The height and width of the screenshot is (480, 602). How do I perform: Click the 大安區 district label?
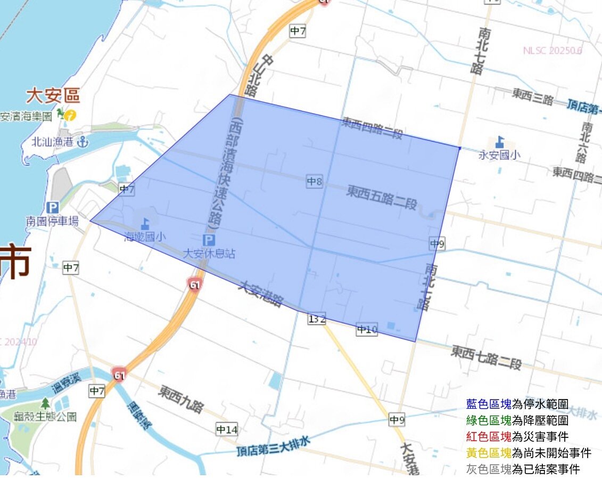(53, 96)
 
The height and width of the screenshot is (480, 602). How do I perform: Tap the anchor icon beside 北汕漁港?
(82, 142)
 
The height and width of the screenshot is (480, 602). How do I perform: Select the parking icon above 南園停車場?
(52, 207)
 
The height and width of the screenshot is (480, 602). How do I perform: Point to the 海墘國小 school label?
(144, 237)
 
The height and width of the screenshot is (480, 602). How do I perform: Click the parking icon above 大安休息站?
(209, 240)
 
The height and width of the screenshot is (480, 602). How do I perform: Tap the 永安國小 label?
(499, 155)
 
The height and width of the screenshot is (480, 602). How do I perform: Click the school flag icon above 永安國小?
(499, 142)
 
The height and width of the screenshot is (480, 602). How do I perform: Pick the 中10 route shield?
(367, 330)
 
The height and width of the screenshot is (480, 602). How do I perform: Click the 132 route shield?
(316, 319)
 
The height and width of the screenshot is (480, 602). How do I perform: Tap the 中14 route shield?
(227, 429)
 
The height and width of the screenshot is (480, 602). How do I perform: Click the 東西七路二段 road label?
(486, 357)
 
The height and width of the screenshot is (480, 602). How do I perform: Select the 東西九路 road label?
(181, 400)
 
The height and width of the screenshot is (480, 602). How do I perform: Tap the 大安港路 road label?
(260, 294)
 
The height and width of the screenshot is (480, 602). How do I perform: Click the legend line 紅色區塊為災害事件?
(517, 437)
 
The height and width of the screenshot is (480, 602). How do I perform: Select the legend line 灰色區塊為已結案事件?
(522, 469)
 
